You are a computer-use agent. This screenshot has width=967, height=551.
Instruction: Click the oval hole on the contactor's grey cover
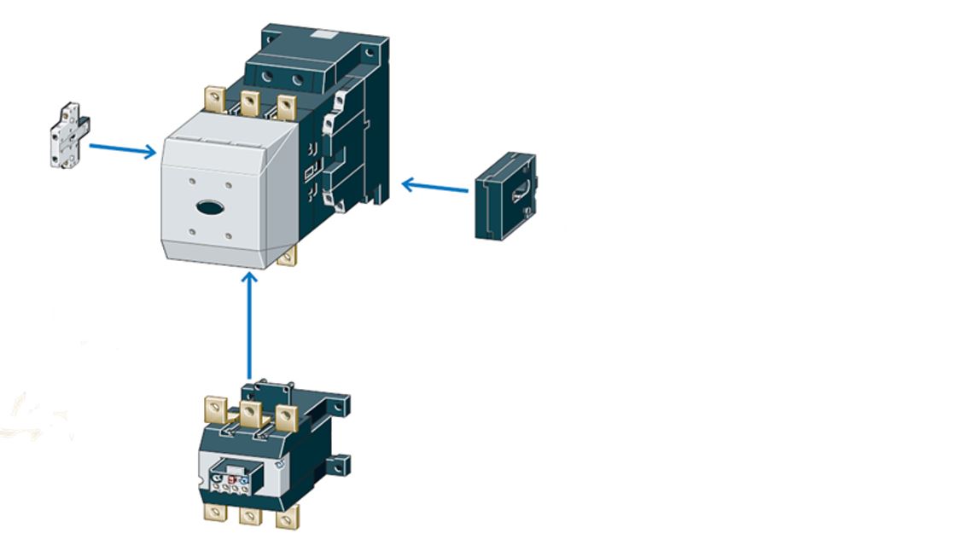tap(209, 206)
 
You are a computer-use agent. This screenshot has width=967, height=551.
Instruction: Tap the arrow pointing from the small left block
tap(122, 149)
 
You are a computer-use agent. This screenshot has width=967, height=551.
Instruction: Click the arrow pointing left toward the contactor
tap(434, 185)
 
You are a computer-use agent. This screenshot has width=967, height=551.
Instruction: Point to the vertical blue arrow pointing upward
tap(249, 324)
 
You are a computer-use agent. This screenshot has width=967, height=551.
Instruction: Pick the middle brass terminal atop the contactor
tap(249, 104)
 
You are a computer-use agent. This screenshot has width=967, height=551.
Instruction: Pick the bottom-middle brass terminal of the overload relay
tap(250, 515)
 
